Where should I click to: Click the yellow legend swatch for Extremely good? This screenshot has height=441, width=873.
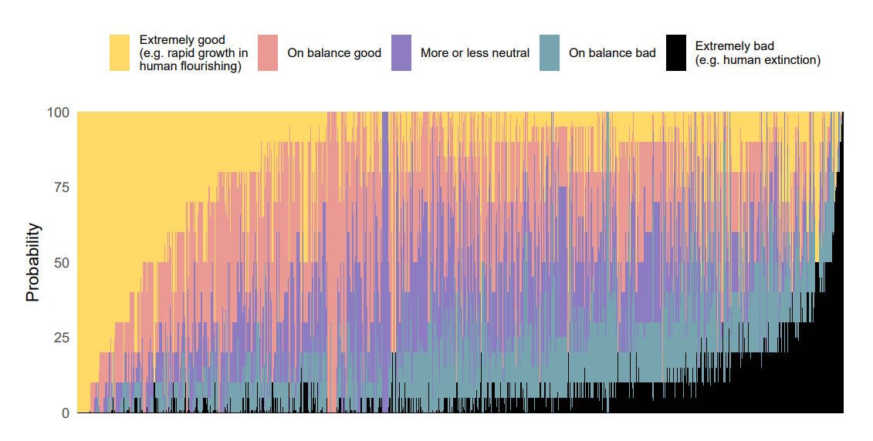pyautogui.click(x=119, y=53)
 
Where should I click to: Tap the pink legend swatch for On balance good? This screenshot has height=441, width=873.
pyautogui.click(x=268, y=53)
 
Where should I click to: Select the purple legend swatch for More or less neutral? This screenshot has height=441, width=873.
pyautogui.click(x=401, y=53)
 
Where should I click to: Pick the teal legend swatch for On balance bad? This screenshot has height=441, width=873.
pyautogui.click(x=550, y=53)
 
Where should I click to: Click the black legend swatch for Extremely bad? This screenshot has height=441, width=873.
pyautogui.click(x=676, y=53)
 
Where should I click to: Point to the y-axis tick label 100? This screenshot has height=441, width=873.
pyautogui.click(x=58, y=113)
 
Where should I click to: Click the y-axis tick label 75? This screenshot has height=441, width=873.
pyautogui.click(x=62, y=187)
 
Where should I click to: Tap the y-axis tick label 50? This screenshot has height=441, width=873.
pyautogui.click(x=62, y=262)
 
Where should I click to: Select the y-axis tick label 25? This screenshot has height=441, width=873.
pyautogui.click(x=62, y=338)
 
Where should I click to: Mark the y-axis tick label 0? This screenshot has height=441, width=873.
pyautogui.click(x=66, y=413)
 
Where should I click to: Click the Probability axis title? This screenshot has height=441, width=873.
pyautogui.click(x=33, y=262)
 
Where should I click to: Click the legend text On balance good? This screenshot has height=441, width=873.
pyautogui.click(x=334, y=53)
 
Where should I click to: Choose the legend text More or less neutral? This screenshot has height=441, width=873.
pyautogui.click(x=475, y=53)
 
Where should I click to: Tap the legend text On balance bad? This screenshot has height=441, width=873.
pyautogui.click(x=612, y=53)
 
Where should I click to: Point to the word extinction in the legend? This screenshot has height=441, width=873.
pyautogui.click(x=791, y=60)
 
